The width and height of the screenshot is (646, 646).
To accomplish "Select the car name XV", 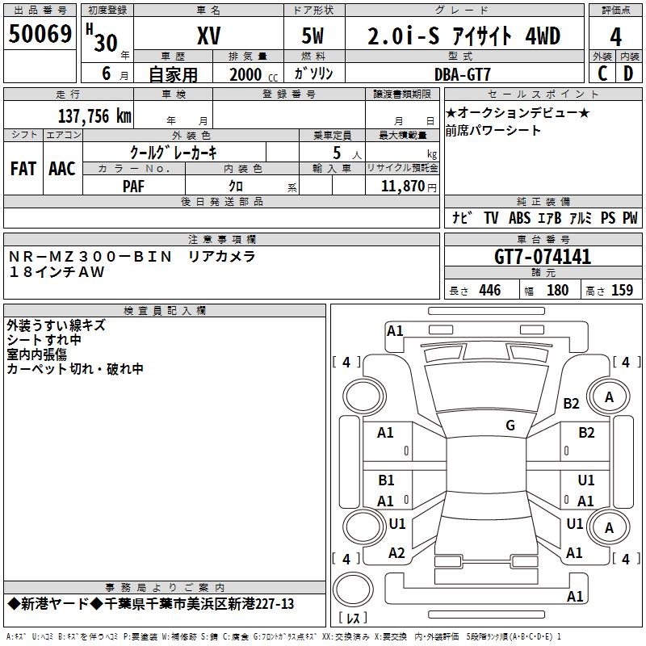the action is click(x=208, y=36).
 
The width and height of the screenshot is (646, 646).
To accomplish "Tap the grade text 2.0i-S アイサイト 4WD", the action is click(x=464, y=36).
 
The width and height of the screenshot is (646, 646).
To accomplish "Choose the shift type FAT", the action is click(x=23, y=168).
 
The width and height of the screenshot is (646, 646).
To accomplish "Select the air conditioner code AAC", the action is click(x=61, y=168).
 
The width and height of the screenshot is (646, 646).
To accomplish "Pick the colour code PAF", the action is click(x=134, y=186).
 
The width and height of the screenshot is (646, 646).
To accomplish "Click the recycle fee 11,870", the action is click(x=405, y=186).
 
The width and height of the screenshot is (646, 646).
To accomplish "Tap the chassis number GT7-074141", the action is click(x=543, y=257).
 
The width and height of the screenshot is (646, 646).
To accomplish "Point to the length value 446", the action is click(x=489, y=291).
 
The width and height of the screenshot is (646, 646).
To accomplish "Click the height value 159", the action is click(x=622, y=291).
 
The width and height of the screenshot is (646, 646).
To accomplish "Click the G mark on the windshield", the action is click(x=510, y=425).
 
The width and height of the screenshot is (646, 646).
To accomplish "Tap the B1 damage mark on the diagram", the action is click(x=386, y=480).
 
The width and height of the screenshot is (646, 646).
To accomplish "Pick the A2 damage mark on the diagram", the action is click(x=396, y=553).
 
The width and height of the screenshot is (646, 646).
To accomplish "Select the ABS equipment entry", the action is click(x=519, y=218).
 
